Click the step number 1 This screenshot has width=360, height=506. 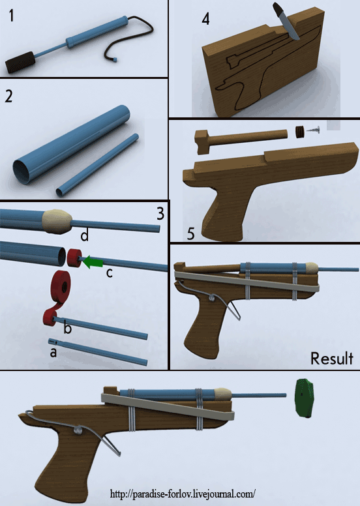point(11,16)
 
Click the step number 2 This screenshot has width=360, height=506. point(8,96)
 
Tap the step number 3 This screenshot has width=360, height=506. point(160,214)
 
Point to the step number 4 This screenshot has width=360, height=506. point(205,20)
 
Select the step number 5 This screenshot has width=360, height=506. point(191,234)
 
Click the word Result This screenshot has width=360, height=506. point(331,359)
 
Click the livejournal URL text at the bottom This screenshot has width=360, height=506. point(183,494)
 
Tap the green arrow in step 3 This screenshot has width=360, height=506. point(93,261)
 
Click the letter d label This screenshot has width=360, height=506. point(84,235)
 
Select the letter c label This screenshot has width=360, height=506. point(110,273)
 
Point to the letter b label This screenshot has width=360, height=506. point(67,328)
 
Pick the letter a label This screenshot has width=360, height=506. point(53,352)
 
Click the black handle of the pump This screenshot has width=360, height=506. point(20,62)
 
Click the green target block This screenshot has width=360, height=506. point(305,398)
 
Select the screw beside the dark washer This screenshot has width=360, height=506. point(312,130)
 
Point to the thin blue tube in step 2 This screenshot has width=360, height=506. point(98,165)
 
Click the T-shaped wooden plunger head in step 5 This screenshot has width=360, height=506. point(202,141)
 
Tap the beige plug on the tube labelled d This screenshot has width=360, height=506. point(57,221)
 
